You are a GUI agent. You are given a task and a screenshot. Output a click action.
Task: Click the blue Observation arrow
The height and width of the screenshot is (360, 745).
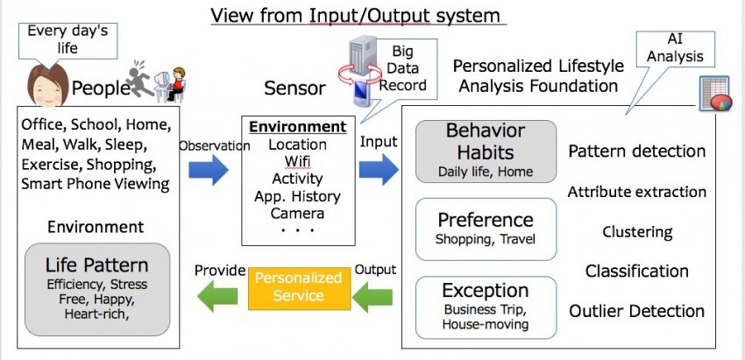tap(208, 170)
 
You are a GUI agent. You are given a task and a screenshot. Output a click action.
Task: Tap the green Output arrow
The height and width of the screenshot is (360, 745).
tap(372, 297)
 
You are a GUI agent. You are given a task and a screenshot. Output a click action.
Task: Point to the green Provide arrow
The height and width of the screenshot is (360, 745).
tap(217, 296)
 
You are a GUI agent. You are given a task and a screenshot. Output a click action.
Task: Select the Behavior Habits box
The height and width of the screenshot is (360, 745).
tap(486, 151)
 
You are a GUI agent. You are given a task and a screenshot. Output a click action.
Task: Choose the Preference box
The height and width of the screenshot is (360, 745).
tap(486, 229)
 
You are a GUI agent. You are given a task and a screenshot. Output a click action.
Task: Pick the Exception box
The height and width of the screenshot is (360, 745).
tap(486, 307)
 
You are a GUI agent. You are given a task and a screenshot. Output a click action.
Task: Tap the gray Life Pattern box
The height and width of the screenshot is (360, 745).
tap(97, 289)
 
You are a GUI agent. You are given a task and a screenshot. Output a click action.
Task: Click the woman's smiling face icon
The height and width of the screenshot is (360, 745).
tap(48, 86)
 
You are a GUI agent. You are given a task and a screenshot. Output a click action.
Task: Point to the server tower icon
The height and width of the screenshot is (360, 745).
tap(363, 56)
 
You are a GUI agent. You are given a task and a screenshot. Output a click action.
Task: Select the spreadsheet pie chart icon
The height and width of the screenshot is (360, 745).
tap(715, 93)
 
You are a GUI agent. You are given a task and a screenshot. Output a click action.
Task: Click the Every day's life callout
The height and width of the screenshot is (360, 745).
tap(67, 41)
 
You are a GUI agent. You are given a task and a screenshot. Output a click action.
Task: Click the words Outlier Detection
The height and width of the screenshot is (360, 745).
tap(636, 311)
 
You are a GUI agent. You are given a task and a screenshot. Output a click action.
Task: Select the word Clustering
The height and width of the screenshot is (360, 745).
tap(637, 232)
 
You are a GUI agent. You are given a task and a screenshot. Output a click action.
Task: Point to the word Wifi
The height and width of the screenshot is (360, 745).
tap(297, 161)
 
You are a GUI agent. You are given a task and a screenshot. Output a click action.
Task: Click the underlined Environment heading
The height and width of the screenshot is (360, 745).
tap(298, 127)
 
